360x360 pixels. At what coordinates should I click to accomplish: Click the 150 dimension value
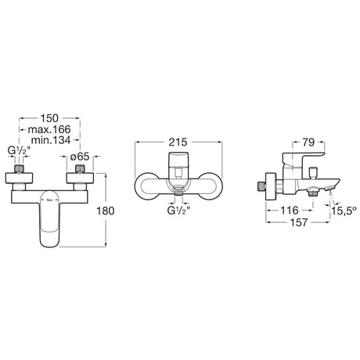coord(49,118)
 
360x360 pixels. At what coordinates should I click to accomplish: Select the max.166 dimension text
coord(49,129)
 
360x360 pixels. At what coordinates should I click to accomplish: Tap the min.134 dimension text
coord(51,140)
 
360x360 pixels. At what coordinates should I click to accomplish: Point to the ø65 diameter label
coord(80,157)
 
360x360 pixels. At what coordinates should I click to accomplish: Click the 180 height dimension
coord(106,211)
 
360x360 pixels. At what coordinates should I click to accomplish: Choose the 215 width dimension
coord(178,142)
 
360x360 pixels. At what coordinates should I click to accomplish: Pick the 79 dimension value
coord(308,142)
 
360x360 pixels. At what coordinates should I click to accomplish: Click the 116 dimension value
coord(290,211)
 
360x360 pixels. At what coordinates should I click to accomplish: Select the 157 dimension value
coord(299,222)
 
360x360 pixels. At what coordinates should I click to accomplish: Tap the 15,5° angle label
coord(344,211)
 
